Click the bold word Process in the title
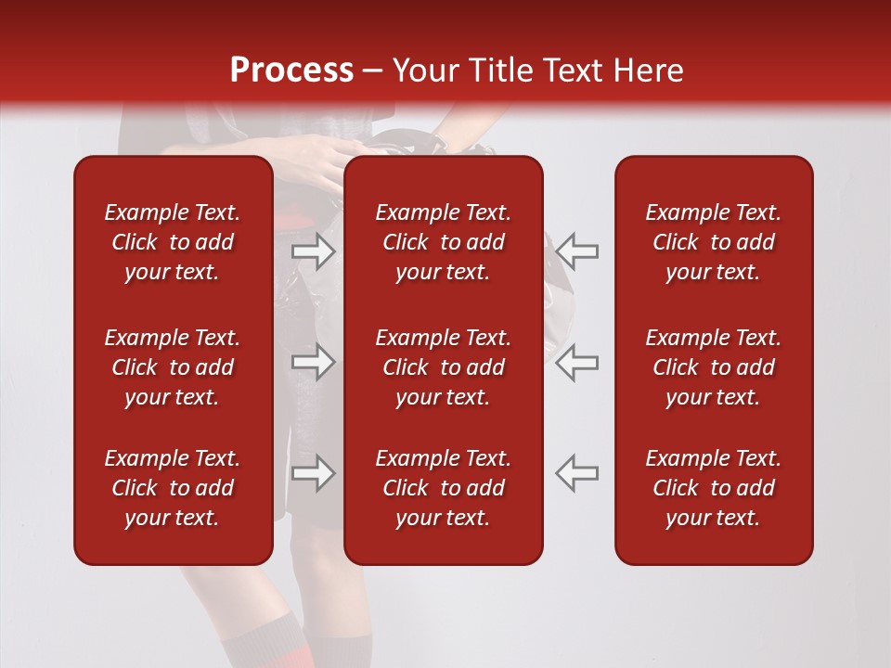[291, 71]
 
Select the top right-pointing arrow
[313, 250]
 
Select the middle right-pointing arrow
[313, 362]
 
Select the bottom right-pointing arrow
[313, 473]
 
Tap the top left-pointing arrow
[577, 250]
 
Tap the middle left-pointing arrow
[577, 362]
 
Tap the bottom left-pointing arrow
[577, 473]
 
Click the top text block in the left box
[173, 242]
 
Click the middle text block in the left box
[173, 367]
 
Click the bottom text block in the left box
[173, 488]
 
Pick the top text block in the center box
[443, 242]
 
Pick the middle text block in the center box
[443, 367]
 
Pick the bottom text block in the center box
[443, 488]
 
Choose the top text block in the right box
[713, 242]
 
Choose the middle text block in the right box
[713, 367]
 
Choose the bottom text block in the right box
[713, 488]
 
